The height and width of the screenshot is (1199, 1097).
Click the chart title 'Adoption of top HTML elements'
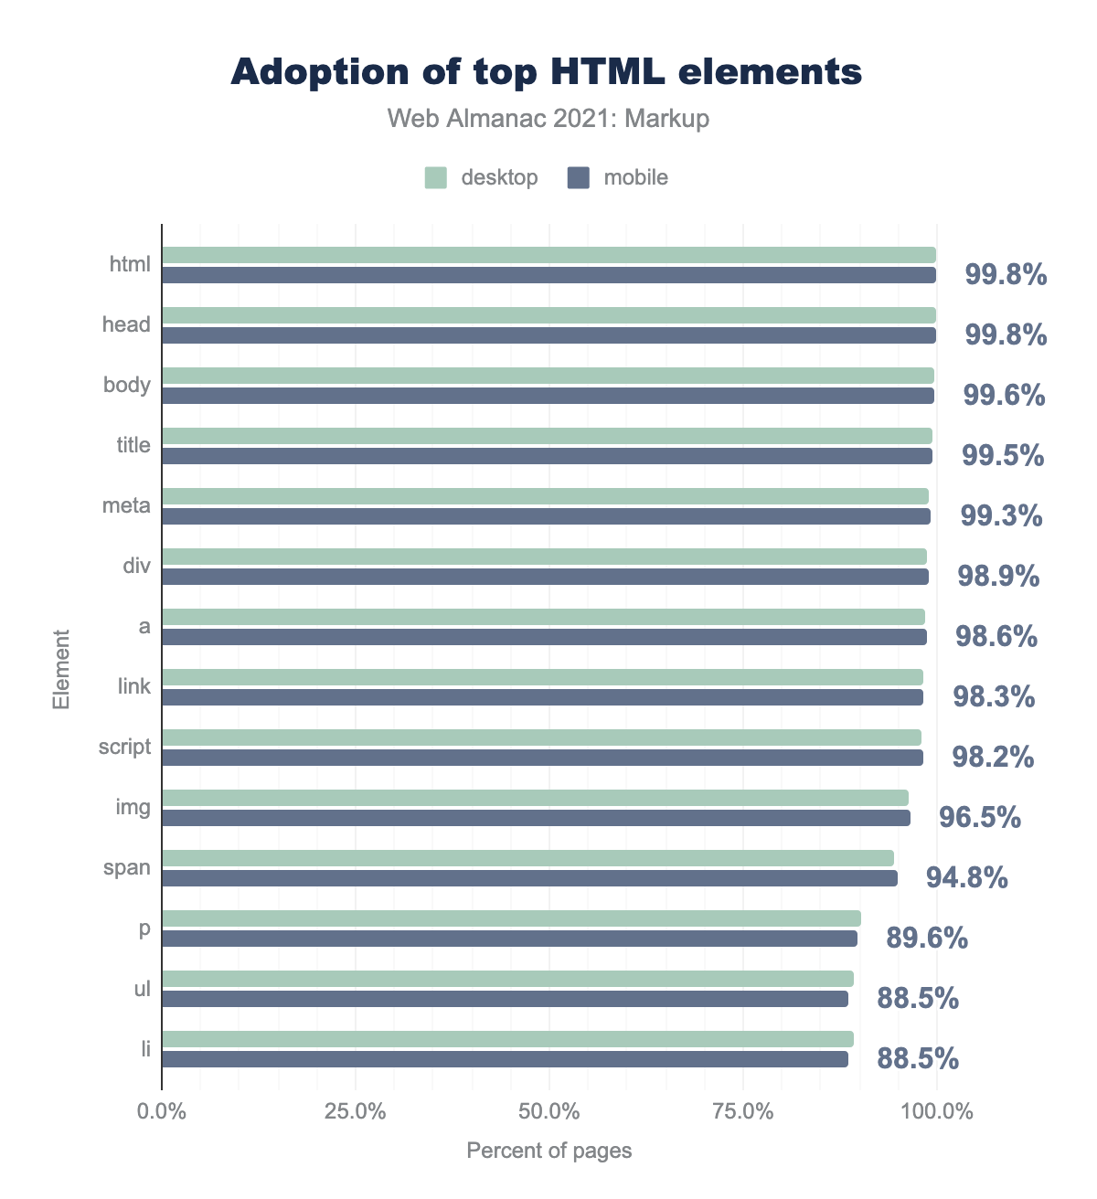point(547,72)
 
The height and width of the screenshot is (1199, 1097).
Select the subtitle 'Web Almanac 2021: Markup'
point(548,119)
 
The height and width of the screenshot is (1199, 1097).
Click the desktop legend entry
point(482,177)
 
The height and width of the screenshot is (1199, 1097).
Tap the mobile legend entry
point(618,177)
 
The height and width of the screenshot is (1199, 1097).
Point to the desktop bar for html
point(548,255)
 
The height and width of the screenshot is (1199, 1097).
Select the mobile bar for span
point(529,878)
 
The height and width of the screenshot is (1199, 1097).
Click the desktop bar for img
point(535,798)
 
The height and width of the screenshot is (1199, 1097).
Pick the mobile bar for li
point(505,1059)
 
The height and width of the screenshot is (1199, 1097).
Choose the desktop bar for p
point(511,918)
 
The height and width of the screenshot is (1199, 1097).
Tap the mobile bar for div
point(545,577)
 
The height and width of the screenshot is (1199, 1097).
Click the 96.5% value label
point(980,817)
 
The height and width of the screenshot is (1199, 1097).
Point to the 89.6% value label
point(927,938)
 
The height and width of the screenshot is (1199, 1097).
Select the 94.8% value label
point(967,877)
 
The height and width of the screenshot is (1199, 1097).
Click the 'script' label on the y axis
point(125,747)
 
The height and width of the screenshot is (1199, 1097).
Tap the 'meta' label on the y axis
point(127,505)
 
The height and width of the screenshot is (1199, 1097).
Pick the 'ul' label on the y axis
point(142,988)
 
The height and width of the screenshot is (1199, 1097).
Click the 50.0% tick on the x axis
point(548,1112)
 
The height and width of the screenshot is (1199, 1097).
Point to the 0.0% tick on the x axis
point(162,1112)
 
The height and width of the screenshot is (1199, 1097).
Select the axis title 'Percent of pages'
point(548,1151)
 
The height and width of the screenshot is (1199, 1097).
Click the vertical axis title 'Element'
point(61,668)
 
